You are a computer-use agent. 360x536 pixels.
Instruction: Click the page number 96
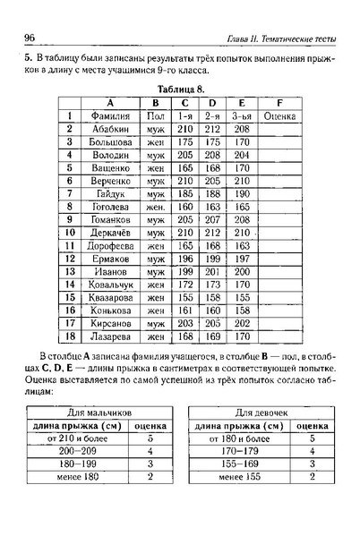(29, 36)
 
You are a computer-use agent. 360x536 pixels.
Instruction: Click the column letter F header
(279, 101)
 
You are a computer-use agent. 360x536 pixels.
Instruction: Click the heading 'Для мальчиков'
(99, 413)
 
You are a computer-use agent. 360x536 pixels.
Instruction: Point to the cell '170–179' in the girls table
(239, 453)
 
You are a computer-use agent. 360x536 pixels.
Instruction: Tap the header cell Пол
(156, 115)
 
